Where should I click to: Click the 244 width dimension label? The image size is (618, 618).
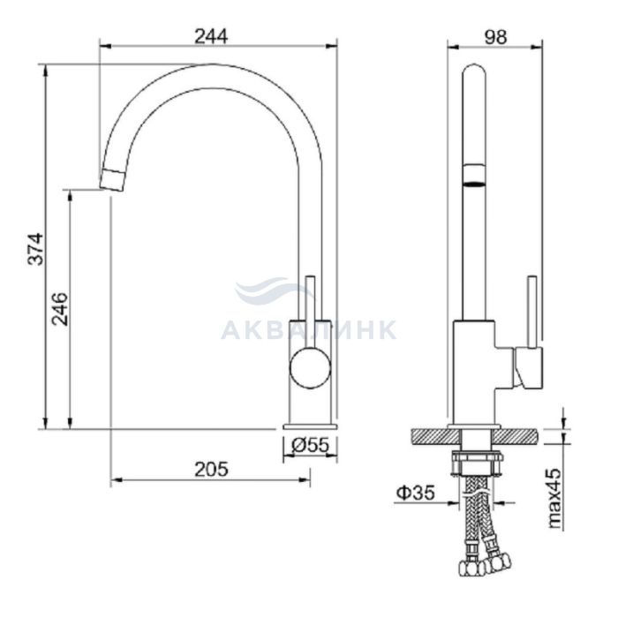(211, 37)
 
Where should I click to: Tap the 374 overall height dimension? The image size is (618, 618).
(35, 249)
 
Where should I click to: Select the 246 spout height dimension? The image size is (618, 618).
(60, 309)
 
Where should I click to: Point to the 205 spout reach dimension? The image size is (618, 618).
(211, 469)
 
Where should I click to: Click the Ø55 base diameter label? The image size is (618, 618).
(310, 445)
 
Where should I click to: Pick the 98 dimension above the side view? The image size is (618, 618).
(495, 37)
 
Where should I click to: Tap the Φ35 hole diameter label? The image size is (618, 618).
(416, 493)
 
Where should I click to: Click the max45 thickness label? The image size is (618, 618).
(554, 498)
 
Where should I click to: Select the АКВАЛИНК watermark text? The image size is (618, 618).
(308, 330)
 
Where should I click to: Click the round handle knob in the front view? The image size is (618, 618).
(310, 368)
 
